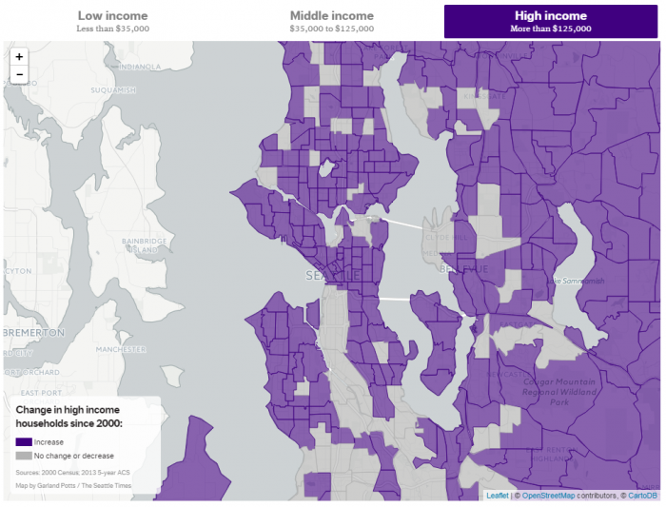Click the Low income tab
pos(112,21)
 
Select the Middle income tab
pos(331,21)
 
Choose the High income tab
pos(551,21)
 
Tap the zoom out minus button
pos(19,74)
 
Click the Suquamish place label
pos(112,90)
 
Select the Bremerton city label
pos(33,333)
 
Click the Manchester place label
pos(121,349)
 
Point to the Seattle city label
pos(332,276)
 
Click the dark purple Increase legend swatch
pos(23,442)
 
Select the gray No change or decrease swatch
pos(23,456)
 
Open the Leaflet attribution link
pos(497,496)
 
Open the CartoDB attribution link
pos(642,496)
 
